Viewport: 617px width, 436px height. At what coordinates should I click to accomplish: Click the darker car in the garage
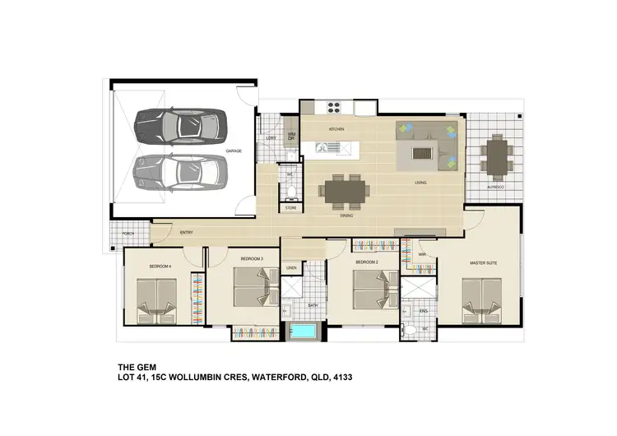click(179, 126)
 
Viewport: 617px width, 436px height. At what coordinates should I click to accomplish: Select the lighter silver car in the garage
click(179, 170)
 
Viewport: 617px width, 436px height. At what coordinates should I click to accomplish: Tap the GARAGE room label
click(234, 151)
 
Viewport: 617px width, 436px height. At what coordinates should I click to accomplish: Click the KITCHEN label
click(336, 130)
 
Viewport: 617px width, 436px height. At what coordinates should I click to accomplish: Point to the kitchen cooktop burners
click(335, 106)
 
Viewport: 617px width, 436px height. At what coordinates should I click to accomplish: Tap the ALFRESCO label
click(494, 188)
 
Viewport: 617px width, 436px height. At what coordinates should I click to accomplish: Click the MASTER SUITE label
click(483, 263)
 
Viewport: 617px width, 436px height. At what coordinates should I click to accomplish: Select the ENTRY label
click(186, 233)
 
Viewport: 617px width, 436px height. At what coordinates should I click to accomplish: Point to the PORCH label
click(128, 234)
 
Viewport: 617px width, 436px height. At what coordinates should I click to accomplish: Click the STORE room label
click(290, 208)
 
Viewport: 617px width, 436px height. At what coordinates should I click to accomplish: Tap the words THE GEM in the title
click(133, 367)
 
